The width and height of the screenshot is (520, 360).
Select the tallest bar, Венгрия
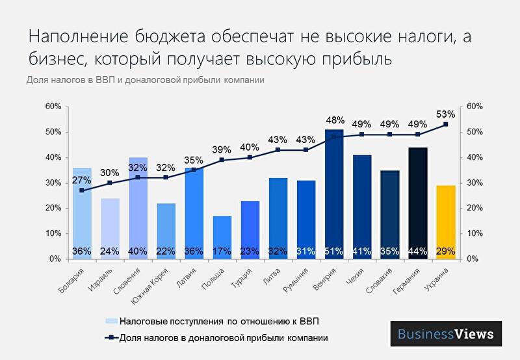point(334,194)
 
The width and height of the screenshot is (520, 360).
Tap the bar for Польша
point(222,237)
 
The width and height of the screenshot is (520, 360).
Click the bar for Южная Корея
point(166,231)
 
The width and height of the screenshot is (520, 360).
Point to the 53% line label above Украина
point(446,114)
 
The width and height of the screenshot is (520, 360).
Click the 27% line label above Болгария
point(81,180)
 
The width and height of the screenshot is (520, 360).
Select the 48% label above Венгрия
point(334,120)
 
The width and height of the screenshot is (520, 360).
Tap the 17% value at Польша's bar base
point(222,251)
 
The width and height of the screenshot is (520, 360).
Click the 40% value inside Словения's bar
point(138,251)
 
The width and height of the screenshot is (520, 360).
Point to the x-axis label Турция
point(242,277)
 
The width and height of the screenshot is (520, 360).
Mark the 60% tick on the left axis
point(53,107)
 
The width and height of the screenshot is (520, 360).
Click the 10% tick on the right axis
point(475,233)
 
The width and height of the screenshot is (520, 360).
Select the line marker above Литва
point(278,150)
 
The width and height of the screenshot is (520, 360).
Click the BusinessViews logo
point(446,335)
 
